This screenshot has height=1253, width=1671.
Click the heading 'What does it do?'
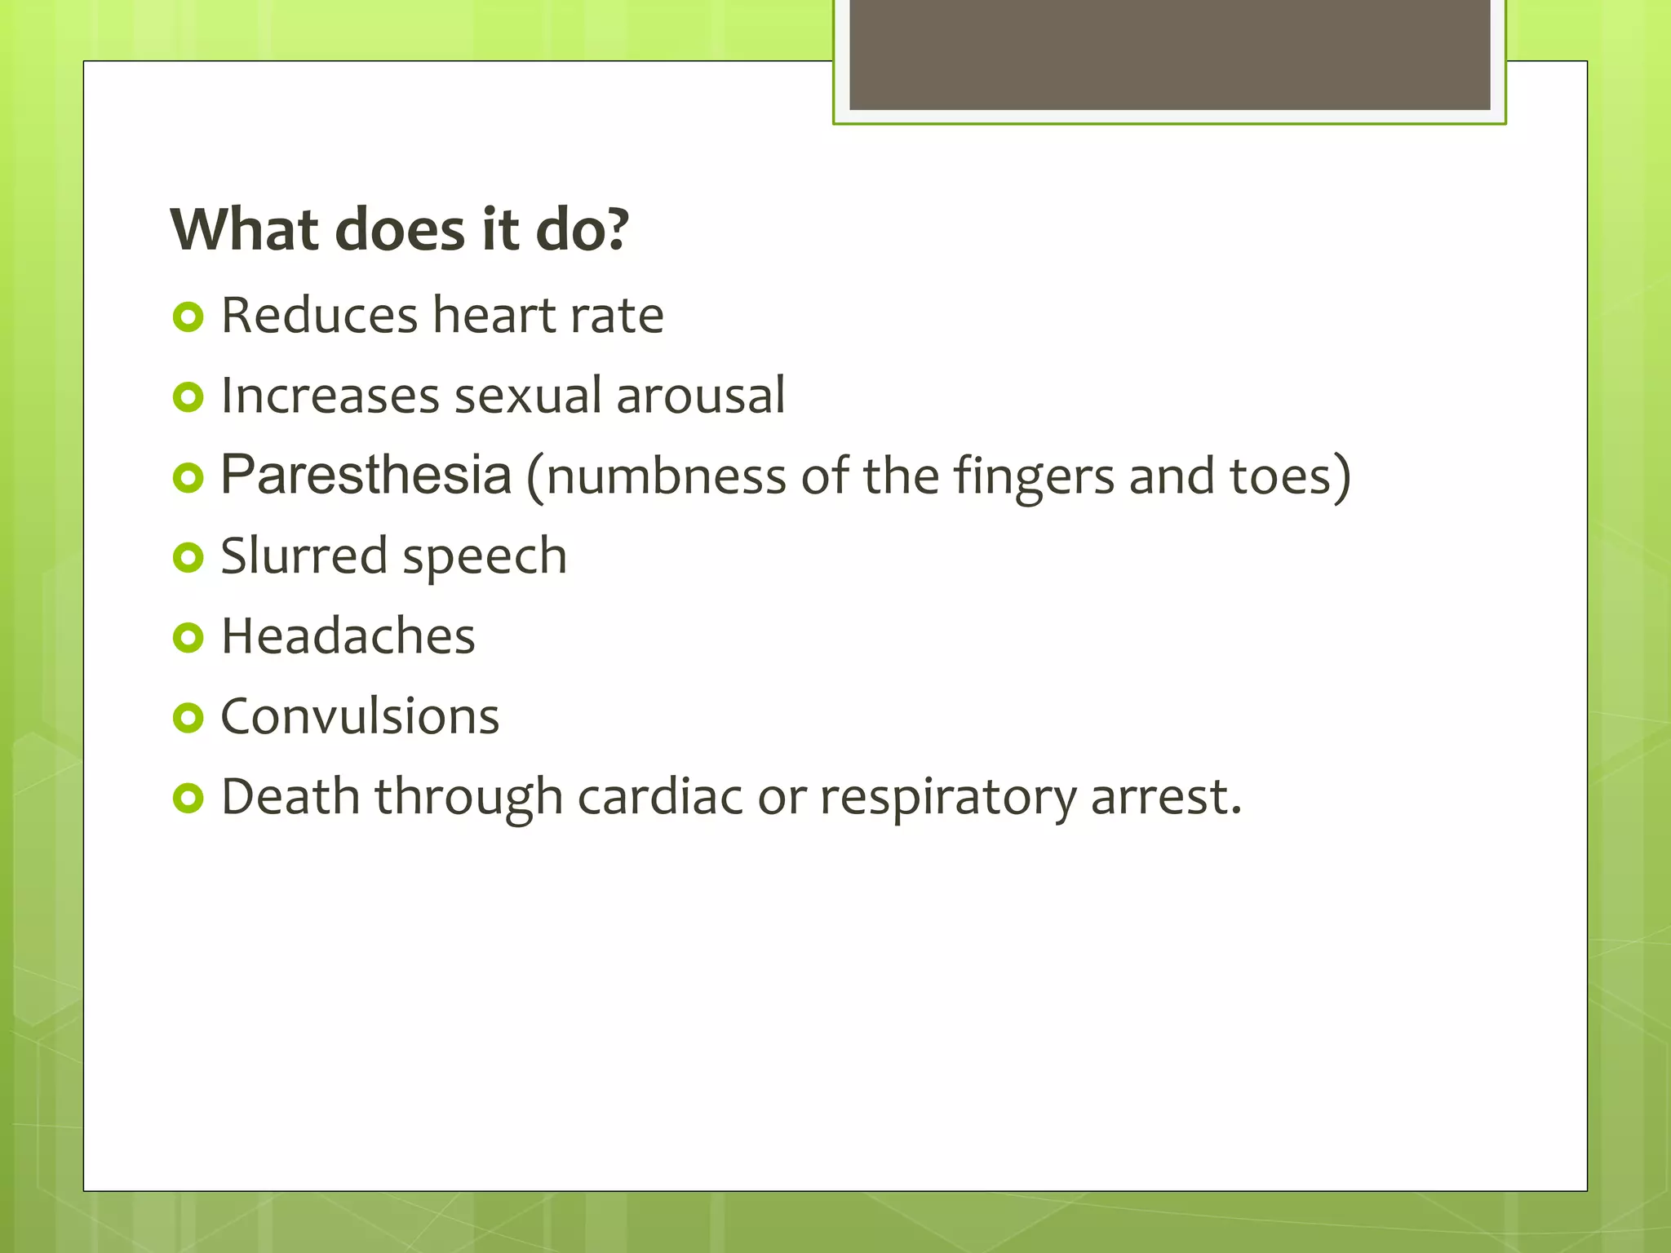(400, 229)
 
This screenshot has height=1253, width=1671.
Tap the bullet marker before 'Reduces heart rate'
(188, 317)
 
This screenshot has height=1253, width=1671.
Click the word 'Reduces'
(319, 316)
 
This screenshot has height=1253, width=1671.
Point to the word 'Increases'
(330, 396)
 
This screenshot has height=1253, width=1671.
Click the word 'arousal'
(700, 396)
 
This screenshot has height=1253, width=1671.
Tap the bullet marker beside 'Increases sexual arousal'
(188, 397)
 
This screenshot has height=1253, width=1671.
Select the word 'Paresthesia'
(366, 474)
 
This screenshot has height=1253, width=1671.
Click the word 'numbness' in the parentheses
(666, 476)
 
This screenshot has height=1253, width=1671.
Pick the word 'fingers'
(1034, 477)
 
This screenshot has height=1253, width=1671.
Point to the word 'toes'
(1280, 476)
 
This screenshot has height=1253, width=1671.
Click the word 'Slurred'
(304, 556)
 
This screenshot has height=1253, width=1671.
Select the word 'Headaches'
(348, 636)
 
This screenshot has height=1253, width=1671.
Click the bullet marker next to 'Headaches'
(188, 637)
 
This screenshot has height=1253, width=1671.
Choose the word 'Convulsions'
(360, 716)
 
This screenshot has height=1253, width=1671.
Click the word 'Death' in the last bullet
(290, 796)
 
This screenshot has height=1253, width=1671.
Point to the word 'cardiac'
(660, 796)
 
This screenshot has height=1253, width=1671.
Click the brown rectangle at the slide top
(1169, 54)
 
